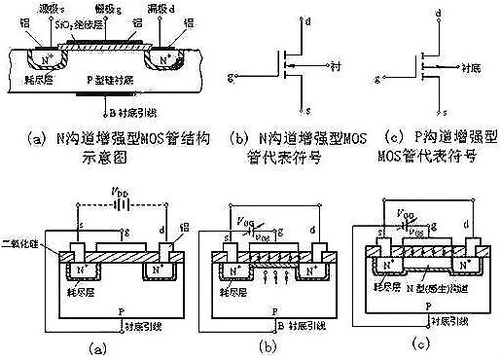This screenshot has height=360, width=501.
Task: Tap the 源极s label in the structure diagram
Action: pyautogui.click(x=41, y=8)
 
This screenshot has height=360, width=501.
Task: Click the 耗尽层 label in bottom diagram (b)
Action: pyautogui.click(x=229, y=290)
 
